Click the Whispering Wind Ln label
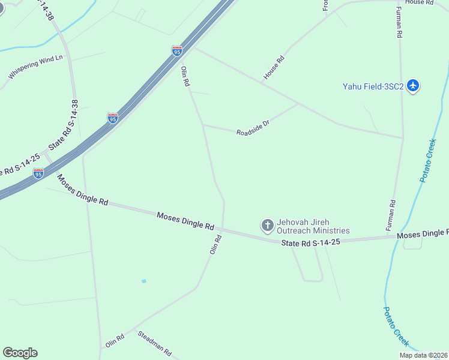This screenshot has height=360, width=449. click(x=35, y=67)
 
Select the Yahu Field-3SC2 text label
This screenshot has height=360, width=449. click(x=373, y=86)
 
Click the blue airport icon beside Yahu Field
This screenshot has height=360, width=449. click(x=412, y=86)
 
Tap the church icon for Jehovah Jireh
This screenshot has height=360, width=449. click(x=267, y=226)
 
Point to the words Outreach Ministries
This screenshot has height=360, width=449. click(x=313, y=230)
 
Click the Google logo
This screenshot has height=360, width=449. click(x=20, y=353)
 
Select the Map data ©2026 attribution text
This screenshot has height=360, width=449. click(x=423, y=355)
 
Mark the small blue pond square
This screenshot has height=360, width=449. click(x=143, y=281)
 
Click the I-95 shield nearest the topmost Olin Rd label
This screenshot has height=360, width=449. click(x=176, y=52)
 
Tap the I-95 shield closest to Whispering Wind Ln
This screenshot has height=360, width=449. click(x=113, y=118)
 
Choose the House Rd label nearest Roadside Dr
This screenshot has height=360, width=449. click(x=274, y=68)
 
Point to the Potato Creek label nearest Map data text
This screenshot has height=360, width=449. click(x=396, y=326)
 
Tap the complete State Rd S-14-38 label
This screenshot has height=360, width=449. click(x=64, y=125)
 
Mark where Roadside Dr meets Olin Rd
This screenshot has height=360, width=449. click(x=203, y=125)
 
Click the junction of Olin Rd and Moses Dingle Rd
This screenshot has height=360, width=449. click(x=223, y=229)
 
